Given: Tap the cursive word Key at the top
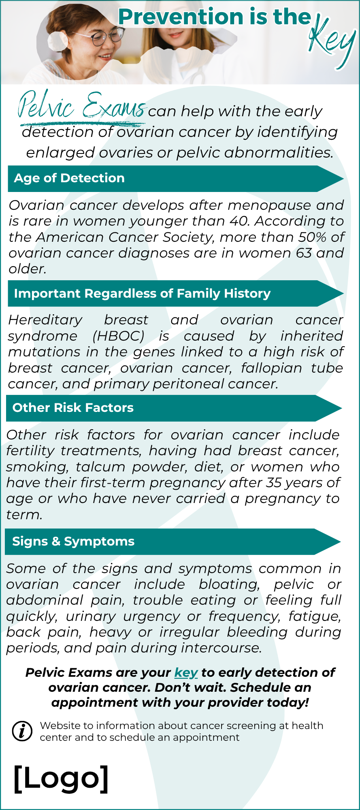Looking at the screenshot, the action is click(332, 40).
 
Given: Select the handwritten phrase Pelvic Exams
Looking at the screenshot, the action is click(81, 106).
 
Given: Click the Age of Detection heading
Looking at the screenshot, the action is click(69, 178).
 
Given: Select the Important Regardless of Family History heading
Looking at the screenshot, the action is click(142, 294).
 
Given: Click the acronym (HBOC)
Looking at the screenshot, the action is click(118, 336).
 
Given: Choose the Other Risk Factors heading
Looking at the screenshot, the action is click(73, 408).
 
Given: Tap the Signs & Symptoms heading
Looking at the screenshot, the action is click(73, 541).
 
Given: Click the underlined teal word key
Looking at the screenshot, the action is click(186, 673).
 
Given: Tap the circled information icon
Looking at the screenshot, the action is click(22, 731).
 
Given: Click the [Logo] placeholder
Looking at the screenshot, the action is click(61, 778).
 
